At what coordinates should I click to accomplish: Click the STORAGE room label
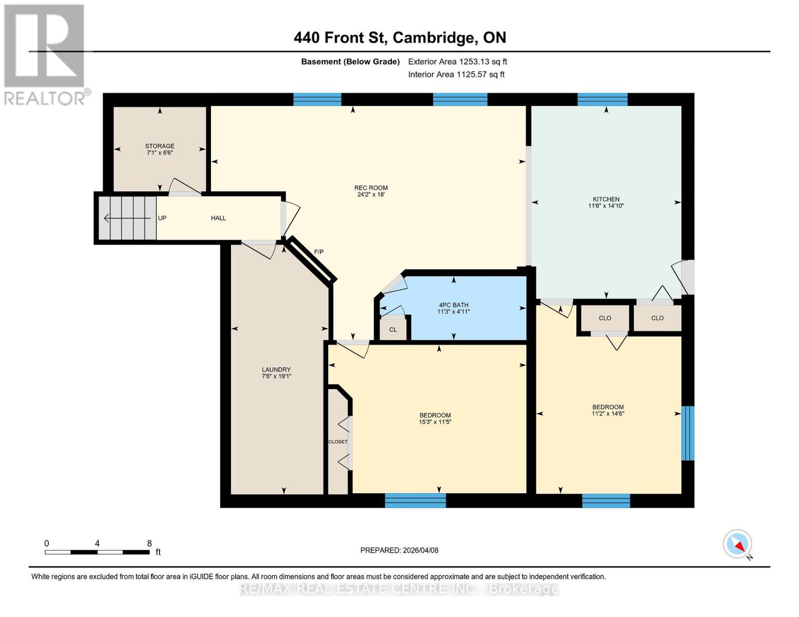[159, 146]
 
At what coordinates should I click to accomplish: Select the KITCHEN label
[606, 199]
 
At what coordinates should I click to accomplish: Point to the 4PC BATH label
[453, 305]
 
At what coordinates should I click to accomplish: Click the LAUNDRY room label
[276, 369]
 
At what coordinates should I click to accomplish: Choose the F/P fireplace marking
[319, 252]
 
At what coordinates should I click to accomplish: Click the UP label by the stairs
[162, 218]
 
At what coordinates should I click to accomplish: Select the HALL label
[218, 218]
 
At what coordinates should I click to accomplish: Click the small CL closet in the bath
[393, 330]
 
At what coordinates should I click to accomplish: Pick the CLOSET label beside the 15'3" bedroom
[338, 442]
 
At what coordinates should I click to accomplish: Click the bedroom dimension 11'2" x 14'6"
[608, 413]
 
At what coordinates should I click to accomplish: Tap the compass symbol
[738, 544]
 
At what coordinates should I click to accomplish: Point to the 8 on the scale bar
[149, 543]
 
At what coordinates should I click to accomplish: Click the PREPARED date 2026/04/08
[399, 550]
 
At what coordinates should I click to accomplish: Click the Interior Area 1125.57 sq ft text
[456, 75]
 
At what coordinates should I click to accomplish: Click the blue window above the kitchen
[602, 99]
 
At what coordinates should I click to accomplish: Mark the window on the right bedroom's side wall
[688, 433]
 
